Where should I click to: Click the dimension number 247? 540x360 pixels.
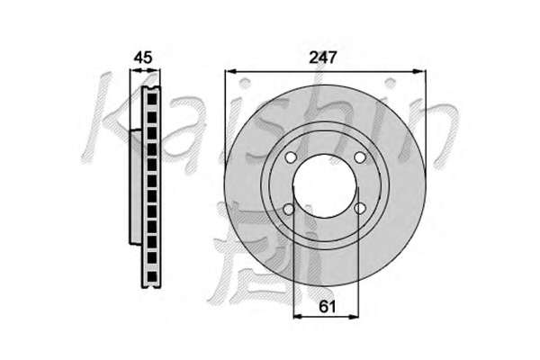tap(322, 58)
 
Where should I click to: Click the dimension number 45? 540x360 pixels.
tap(142, 58)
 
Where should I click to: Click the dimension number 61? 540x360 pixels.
tap(327, 306)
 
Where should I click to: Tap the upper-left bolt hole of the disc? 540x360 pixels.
tap(291, 157)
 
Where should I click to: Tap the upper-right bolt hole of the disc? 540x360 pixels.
tap(359, 157)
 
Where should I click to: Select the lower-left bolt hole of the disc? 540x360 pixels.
tap(289, 209)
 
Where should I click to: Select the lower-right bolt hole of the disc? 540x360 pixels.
tap(360, 208)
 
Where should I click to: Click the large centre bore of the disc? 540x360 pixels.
tap(325, 186)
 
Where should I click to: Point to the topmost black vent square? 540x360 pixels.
tap(152, 99)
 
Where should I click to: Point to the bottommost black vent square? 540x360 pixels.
tap(152, 276)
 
